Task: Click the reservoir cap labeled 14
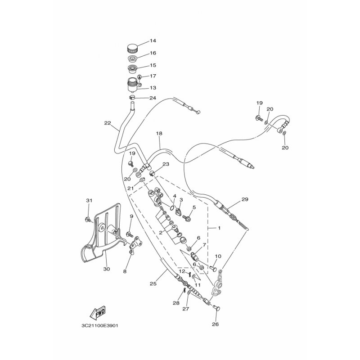click(132, 49)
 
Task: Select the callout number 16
click(153, 53)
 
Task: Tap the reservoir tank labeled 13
click(133, 85)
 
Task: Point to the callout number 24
click(153, 98)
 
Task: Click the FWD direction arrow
click(98, 313)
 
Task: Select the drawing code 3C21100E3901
click(100, 325)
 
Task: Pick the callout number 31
click(89, 200)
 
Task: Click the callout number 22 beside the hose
click(108, 123)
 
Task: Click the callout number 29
click(245, 199)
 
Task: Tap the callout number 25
click(153, 283)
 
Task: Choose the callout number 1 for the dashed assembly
click(219, 228)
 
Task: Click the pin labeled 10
click(213, 268)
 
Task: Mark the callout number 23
click(166, 164)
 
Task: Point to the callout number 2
click(161, 233)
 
